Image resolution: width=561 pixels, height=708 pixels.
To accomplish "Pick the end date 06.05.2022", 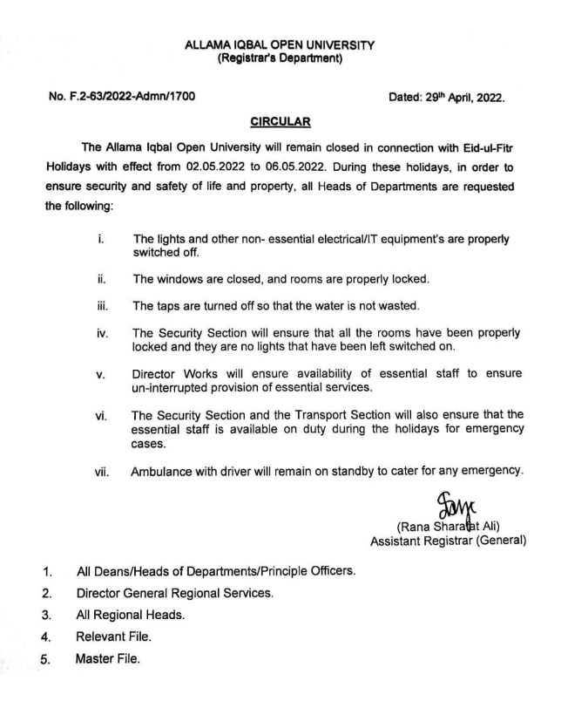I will pyautogui.click(x=322, y=165).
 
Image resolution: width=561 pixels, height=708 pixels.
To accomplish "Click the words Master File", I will pyautogui.click(x=109, y=657).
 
